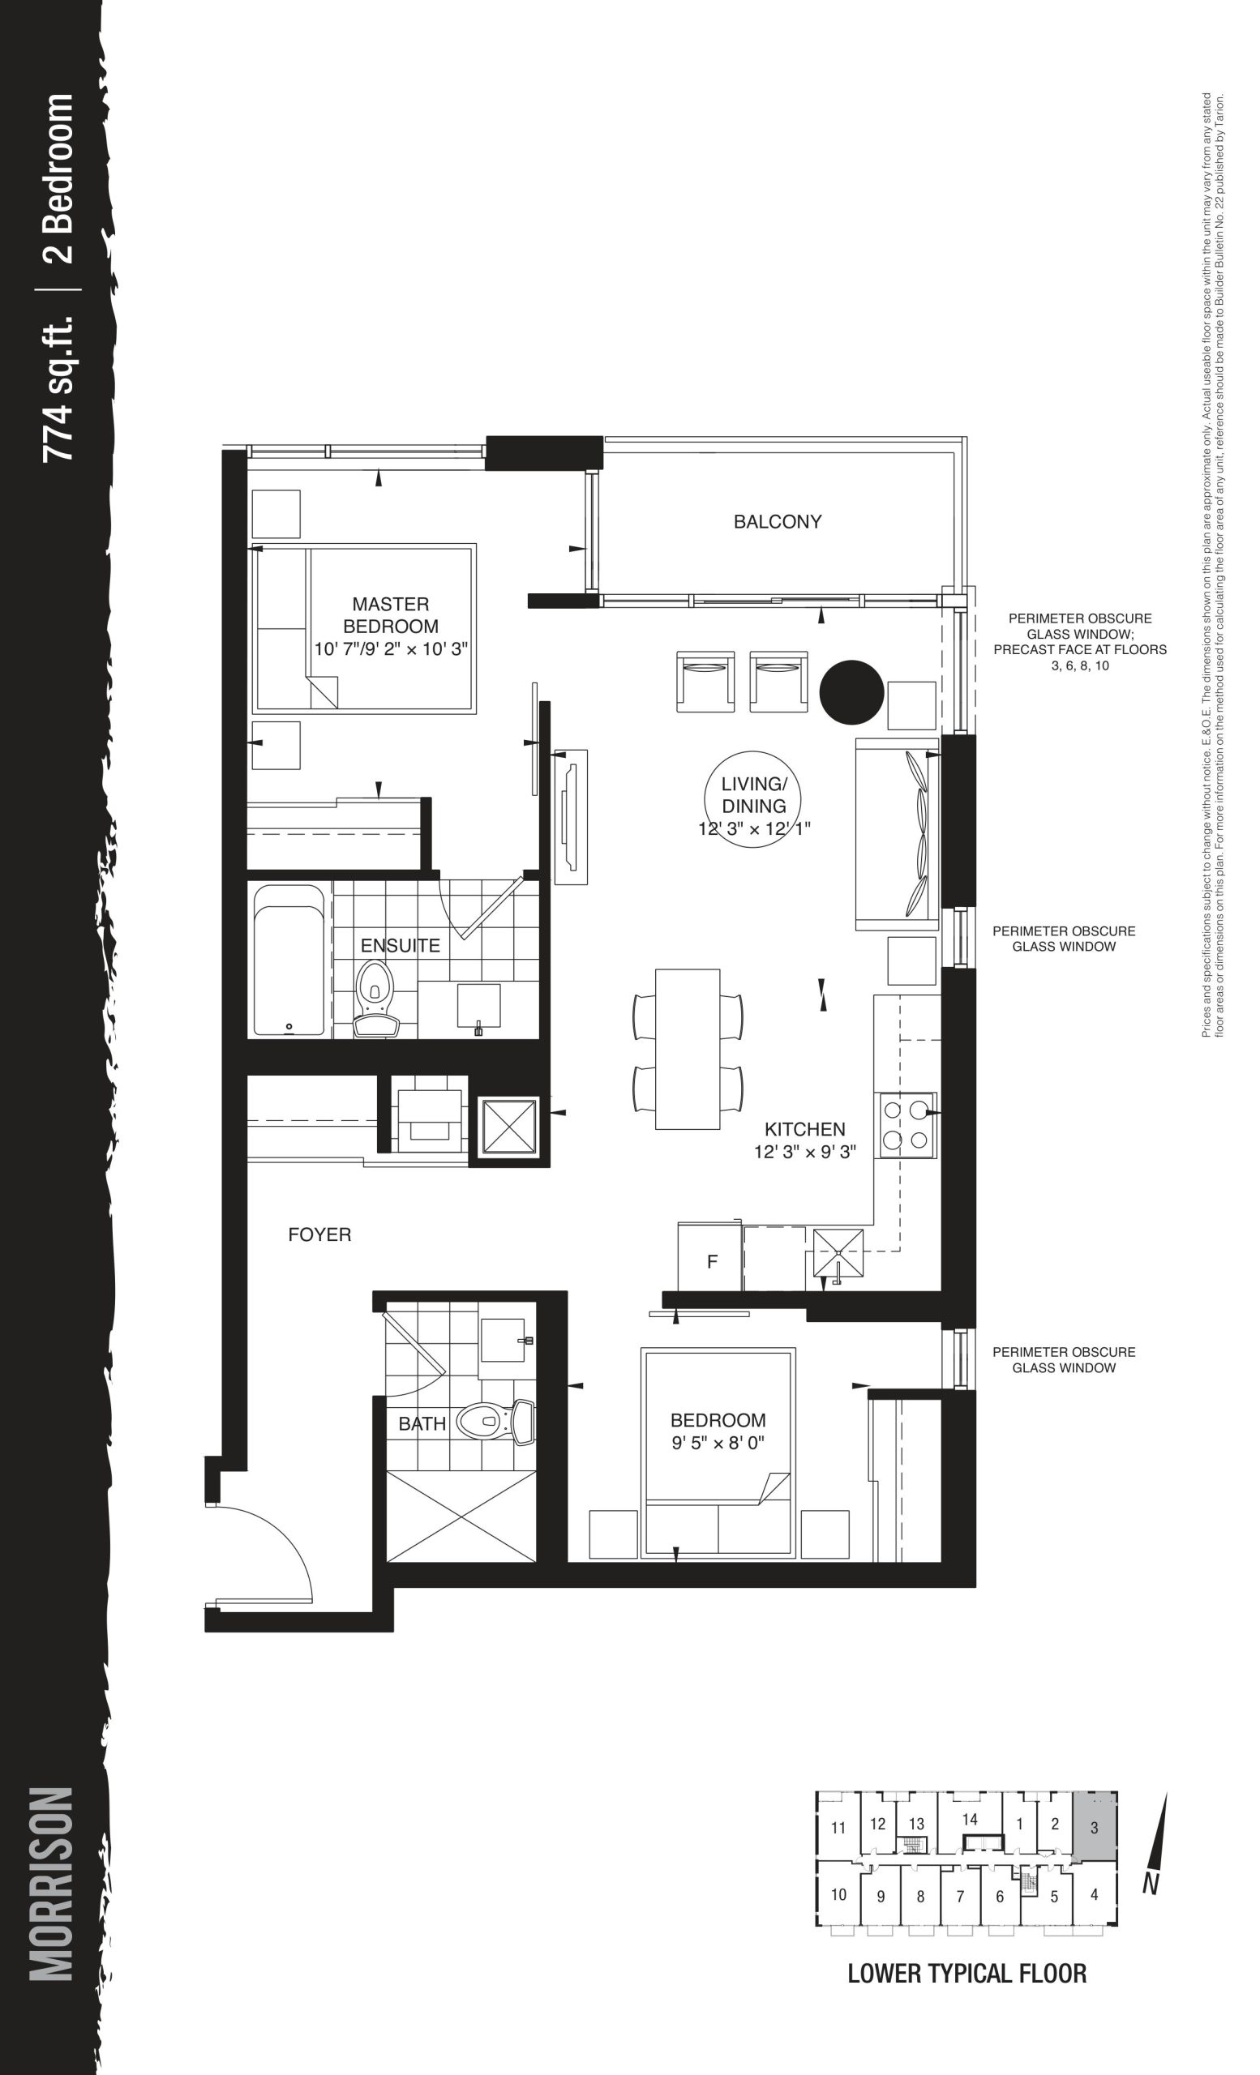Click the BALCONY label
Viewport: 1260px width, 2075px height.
click(777, 521)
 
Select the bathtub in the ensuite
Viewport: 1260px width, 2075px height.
click(288, 959)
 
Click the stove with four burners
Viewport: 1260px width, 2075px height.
click(907, 1124)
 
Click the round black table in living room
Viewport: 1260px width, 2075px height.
click(851, 691)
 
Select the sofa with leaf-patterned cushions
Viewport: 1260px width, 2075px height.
click(897, 834)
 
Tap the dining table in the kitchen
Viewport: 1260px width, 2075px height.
click(688, 1049)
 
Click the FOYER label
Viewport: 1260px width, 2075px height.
click(319, 1234)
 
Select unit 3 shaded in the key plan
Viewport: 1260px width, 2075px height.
click(1094, 1823)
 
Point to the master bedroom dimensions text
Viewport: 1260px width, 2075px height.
click(391, 649)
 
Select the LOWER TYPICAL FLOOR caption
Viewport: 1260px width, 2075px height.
click(967, 1974)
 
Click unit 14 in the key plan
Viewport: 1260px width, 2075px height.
click(971, 1820)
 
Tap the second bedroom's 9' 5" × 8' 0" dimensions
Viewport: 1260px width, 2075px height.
click(718, 1444)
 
